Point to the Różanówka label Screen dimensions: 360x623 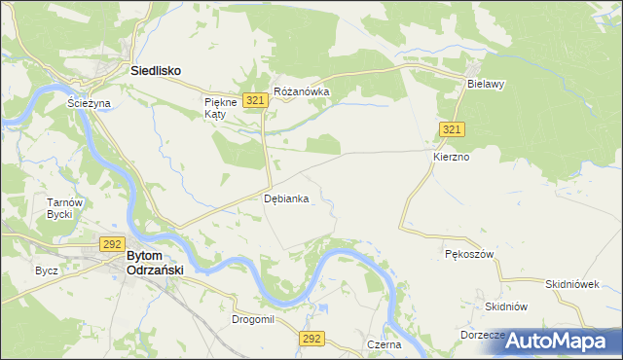pyautogui.click(x=302, y=92)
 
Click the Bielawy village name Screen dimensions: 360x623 pyautogui.click(x=485, y=85)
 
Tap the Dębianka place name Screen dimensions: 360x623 pyautogui.click(x=287, y=198)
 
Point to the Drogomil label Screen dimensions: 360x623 pyautogui.click(x=253, y=319)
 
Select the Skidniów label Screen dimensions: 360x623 pyautogui.click(x=506, y=306)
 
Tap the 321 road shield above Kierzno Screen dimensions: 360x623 pyautogui.click(x=452, y=130)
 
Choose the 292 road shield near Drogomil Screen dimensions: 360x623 pyautogui.click(x=311, y=338)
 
